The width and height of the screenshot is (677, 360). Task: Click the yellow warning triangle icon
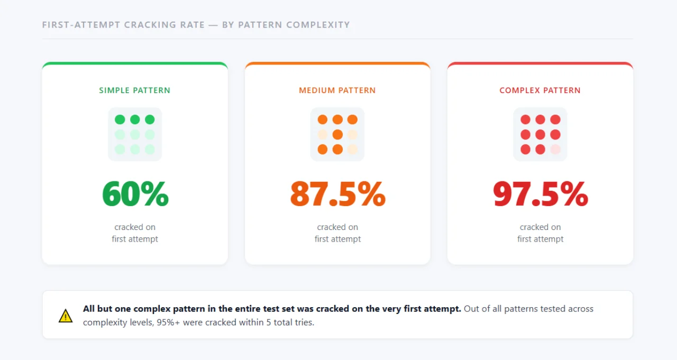(66, 316)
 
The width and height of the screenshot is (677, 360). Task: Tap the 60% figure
(135, 194)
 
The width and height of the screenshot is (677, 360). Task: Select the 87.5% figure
(337, 194)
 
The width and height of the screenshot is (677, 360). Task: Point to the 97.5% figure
(540, 194)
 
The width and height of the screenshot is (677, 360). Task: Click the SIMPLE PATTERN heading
(135, 90)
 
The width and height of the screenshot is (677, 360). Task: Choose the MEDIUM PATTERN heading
(337, 90)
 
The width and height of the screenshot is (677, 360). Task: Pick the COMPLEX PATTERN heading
(540, 90)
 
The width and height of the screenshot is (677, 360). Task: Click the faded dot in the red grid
(555, 149)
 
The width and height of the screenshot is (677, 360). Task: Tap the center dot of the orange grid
(337, 134)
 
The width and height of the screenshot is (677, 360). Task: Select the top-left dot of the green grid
(120, 119)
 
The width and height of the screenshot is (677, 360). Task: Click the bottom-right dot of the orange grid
(352, 149)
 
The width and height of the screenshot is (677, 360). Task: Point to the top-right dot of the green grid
(150, 119)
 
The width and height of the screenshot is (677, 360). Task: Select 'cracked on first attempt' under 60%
(135, 233)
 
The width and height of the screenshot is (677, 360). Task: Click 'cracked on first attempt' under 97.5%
(540, 233)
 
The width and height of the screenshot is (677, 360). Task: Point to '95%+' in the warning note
(168, 322)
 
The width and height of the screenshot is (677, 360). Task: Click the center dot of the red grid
(540, 134)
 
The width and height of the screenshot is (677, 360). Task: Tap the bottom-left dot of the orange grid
(323, 149)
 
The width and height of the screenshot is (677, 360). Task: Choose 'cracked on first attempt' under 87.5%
(337, 233)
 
